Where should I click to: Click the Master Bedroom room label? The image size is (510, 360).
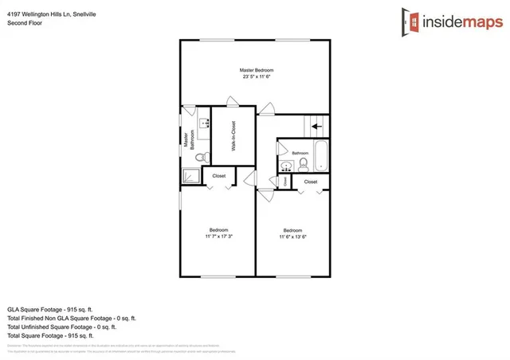(256, 70)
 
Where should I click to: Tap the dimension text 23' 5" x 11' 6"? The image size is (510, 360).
(256, 76)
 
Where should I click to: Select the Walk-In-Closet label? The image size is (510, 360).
(233, 136)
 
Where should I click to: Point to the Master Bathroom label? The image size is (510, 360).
(188, 140)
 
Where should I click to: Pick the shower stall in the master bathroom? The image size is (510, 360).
(190, 176)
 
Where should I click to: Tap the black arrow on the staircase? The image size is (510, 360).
(316, 125)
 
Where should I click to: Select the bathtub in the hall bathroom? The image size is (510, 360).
(320, 156)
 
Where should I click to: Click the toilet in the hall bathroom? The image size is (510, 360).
(303, 163)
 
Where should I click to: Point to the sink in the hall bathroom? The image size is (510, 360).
(285, 166)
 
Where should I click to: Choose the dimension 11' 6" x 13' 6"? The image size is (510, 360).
(293, 237)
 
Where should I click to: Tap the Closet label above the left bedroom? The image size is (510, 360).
(218, 175)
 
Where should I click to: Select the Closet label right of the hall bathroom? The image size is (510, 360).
(311, 182)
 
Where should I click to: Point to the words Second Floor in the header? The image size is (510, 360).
(25, 23)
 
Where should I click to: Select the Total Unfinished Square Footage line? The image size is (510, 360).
(61, 327)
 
